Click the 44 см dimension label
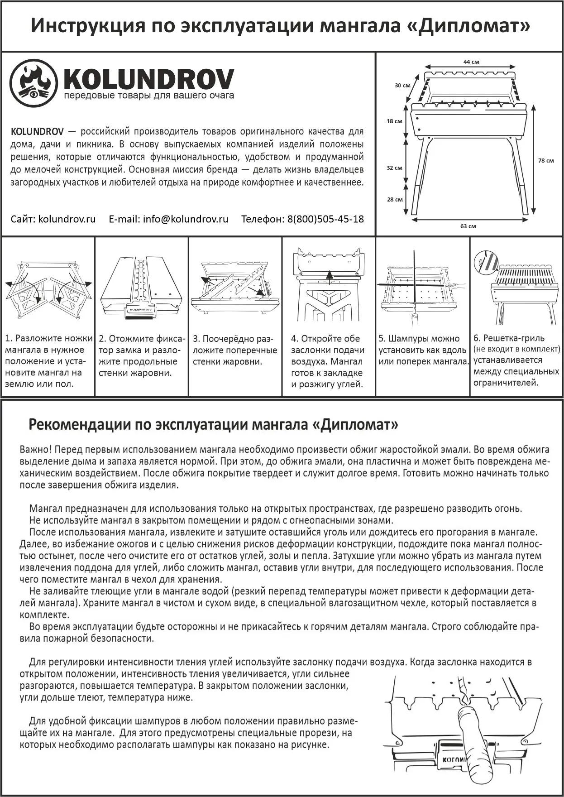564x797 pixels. pyautogui.click(x=471, y=62)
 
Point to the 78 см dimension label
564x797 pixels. pyautogui.click(x=546, y=160)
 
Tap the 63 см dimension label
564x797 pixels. pyautogui.click(x=468, y=226)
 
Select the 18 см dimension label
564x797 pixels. pyautogui.click(x=394, y=121)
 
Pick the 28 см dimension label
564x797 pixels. pyautogui.click(x=395, y=199)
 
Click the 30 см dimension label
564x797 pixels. pyautogui.click(x=402, y=85)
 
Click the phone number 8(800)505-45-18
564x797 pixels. pyautogui.click(x=325, y=219)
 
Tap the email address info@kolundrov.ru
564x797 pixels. pyautogui.click(x=185, y=219)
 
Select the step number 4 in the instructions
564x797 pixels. pyautogui.click(x=294, y=339)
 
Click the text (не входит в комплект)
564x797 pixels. pyautogui.click(x=516, y=349)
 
